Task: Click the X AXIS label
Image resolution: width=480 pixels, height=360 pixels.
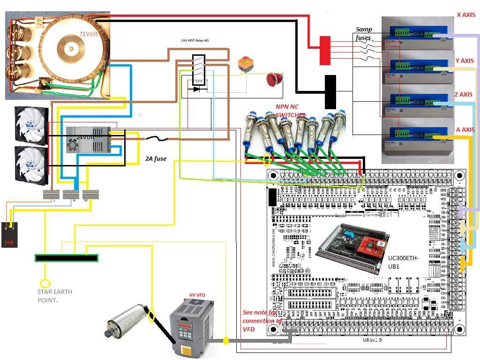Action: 465,15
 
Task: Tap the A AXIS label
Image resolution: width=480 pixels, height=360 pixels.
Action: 465,129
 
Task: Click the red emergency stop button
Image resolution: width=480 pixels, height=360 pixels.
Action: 272,79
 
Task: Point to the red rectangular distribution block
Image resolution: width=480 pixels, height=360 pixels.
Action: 324,50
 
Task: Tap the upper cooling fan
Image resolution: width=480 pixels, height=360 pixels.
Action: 31,123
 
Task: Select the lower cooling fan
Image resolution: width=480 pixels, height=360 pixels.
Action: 31,164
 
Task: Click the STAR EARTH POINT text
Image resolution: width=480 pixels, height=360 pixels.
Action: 55,295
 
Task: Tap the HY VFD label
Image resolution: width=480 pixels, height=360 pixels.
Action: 197,295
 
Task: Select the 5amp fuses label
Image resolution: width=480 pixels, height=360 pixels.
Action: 363,33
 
